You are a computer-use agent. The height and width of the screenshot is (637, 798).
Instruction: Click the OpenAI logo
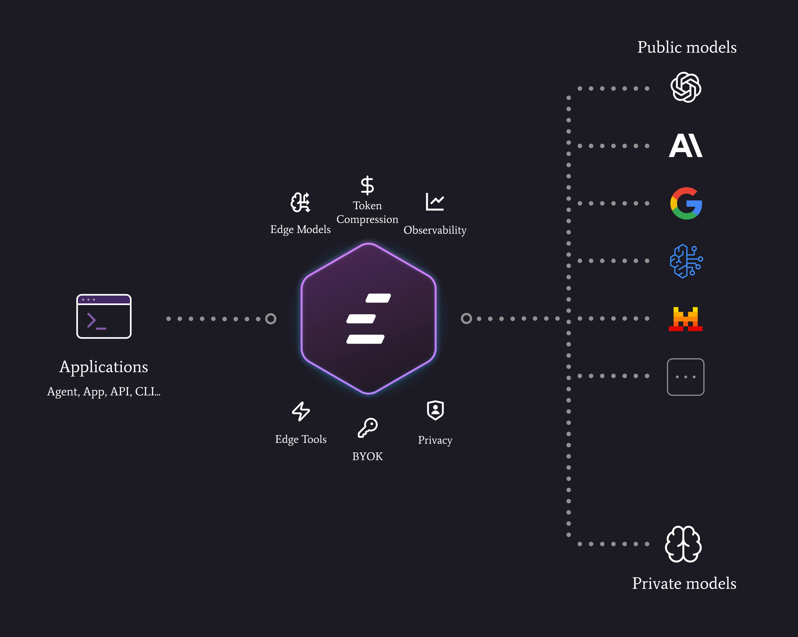(685, 87)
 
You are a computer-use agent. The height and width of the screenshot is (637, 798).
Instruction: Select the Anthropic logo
(685, 146)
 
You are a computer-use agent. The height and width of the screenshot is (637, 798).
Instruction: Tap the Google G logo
(686, 203)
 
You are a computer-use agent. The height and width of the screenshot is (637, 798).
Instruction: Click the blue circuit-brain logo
(686, 261)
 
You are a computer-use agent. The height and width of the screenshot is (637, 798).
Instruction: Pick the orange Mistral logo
(685, 319)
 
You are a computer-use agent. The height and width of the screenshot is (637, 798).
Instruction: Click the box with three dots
(685, 377)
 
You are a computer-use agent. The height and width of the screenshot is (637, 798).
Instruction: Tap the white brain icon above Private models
(683, 544)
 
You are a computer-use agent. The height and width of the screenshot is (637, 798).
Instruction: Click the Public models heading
(687, 47)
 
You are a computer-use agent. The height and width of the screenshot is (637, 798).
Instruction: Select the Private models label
(684, 583)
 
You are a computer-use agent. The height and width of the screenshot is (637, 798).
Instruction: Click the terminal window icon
(104, 316)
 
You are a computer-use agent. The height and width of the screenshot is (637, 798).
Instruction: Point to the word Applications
(104, 367)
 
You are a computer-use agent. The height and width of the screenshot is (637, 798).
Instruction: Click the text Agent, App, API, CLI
(104, 391)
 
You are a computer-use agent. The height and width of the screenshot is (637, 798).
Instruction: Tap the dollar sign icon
(367, 185)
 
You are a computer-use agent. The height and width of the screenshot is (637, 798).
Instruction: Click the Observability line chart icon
(435, 202)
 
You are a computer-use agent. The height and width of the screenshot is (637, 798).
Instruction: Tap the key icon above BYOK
(368, 428)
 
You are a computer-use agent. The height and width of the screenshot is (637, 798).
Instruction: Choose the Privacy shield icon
(435, 410)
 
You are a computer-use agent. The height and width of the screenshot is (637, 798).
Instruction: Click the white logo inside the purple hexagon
(368, 318)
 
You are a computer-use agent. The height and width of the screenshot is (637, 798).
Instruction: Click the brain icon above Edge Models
(300, 202)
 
